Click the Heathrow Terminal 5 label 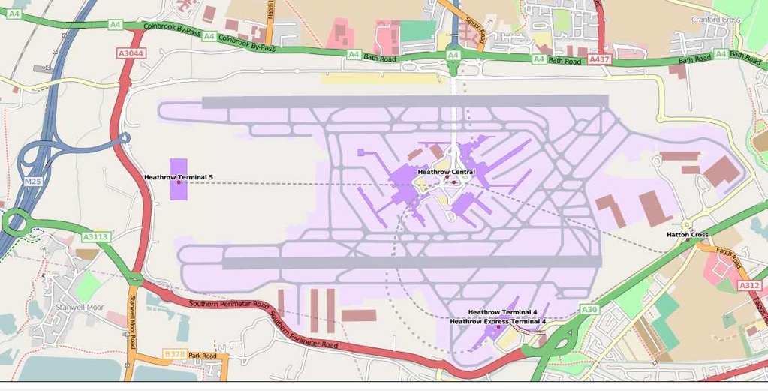tap(179, 177)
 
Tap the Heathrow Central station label tap(446, 172)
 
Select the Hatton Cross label tap(687, 235)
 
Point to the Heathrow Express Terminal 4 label tap(498, 321)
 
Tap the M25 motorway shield tap(32, 182)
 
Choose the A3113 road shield tap(96, 236)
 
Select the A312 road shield tap(749, 285)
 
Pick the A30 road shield tap(589, 309)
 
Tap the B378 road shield tap(173, 353)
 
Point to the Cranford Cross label tap(716, 20)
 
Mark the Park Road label tap(202, 356)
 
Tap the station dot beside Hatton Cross tap(687, 240)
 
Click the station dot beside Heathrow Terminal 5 tap(179, 182)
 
